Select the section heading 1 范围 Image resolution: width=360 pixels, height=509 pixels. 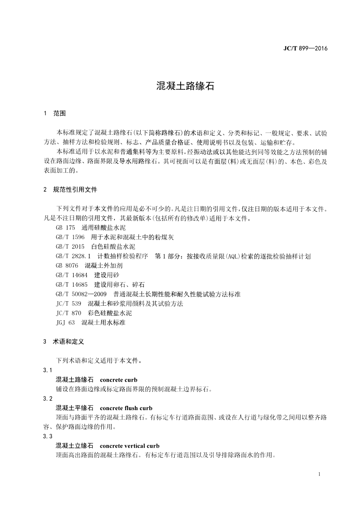pos(54,113)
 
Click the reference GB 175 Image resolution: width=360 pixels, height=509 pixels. pos(65,227)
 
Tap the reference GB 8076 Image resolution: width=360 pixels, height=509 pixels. pos(67,265)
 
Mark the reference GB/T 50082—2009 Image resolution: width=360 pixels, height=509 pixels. pos(81,294)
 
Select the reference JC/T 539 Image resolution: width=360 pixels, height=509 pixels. pos(69,303)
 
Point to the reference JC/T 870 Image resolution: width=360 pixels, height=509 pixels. pos(69,313)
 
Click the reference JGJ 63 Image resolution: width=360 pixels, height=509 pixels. pos(65,323)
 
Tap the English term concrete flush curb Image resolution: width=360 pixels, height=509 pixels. pos(126,408)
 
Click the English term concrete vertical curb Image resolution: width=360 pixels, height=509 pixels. pos(129,445)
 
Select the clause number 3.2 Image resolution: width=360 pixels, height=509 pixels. pos(48,398)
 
